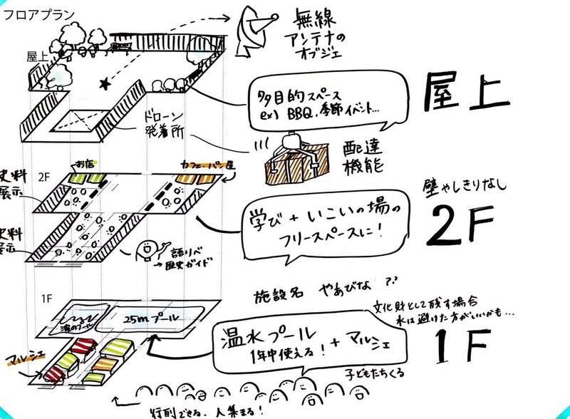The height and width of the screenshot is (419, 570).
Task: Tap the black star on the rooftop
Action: pos(105,84)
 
